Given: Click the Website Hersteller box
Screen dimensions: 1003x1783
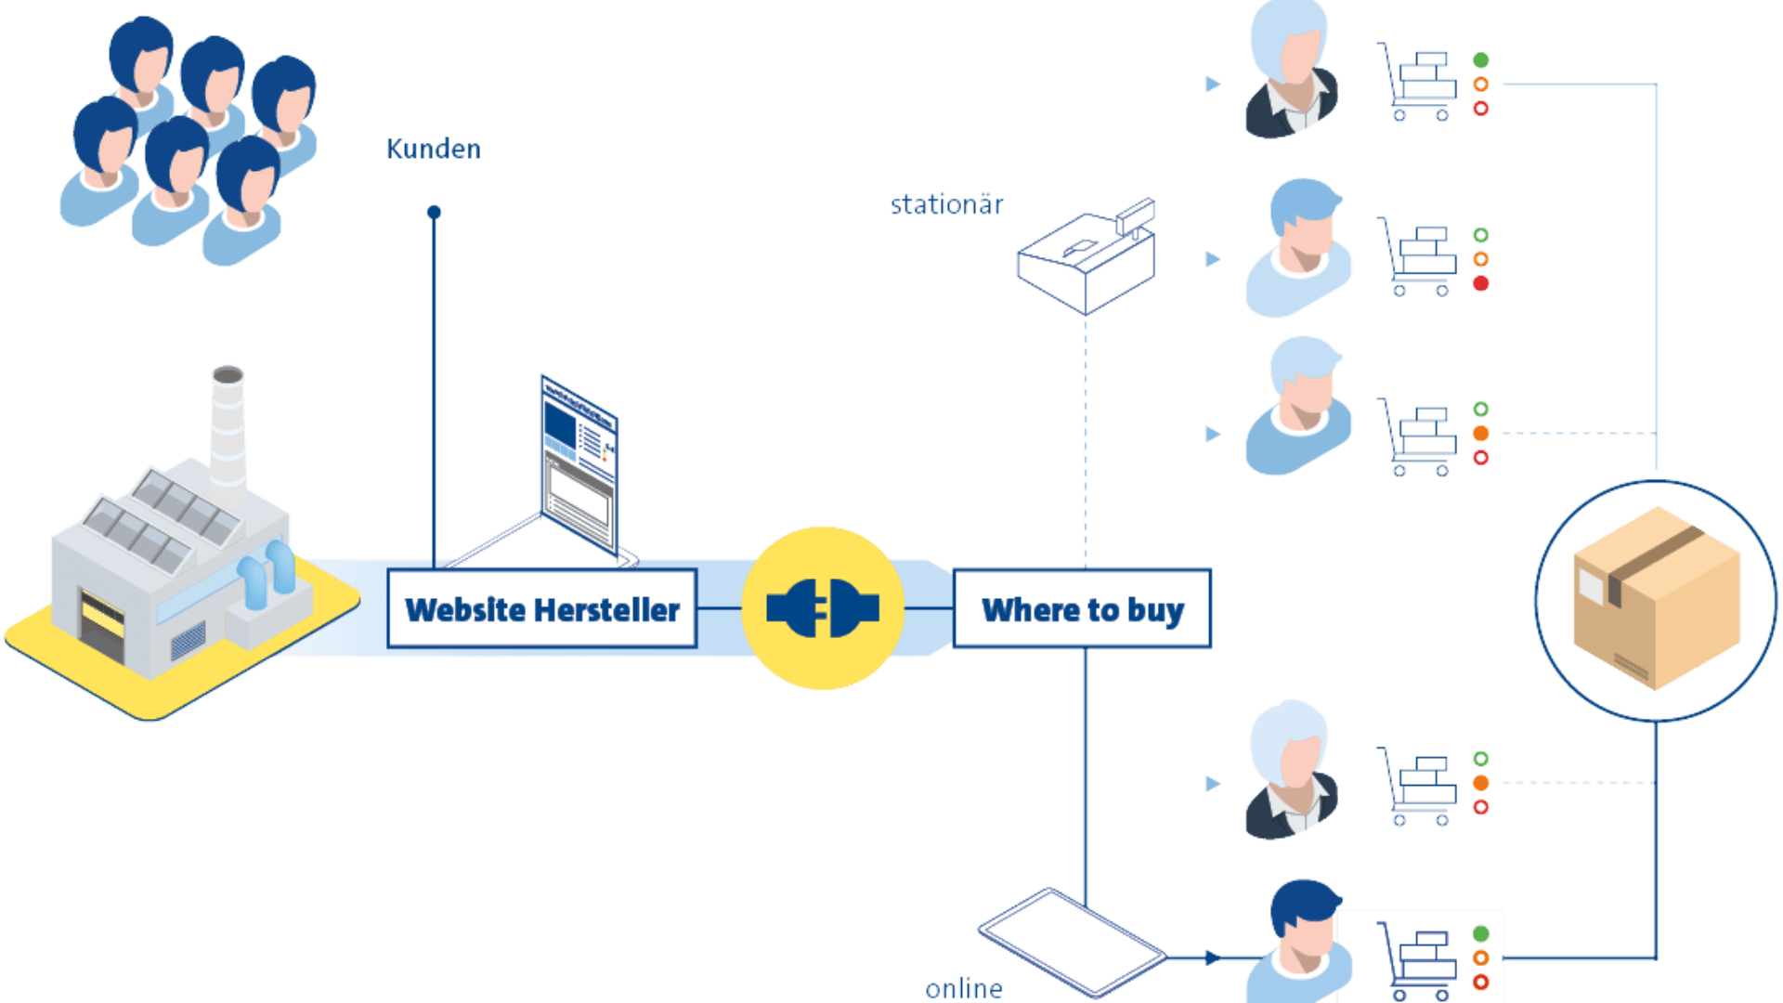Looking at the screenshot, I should (541, 609).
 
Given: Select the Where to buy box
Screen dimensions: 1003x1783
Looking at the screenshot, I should (1082, 609).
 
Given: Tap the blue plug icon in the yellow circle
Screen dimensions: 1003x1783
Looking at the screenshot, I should (823, 608).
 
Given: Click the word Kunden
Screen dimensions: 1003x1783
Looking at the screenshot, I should (434, 150).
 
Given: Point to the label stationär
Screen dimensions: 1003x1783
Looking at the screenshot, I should (946, 204).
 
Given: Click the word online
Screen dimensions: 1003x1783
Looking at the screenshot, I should (964, 988).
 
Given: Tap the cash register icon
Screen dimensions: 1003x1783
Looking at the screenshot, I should (1087, 259).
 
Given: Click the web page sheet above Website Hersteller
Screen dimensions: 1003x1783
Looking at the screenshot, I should (579, 464).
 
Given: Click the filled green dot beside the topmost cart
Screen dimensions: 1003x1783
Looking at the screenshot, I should (1481, 60).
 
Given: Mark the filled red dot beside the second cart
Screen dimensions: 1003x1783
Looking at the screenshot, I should (1481, 283).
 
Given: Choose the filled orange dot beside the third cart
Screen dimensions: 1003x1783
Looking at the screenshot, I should (1481, 434).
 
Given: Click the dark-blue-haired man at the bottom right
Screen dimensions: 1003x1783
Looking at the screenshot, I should (1300, 938).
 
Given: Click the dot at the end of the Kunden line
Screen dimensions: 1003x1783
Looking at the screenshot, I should (434, 212).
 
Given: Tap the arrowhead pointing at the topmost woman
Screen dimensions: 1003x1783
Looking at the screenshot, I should (1213, 85).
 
